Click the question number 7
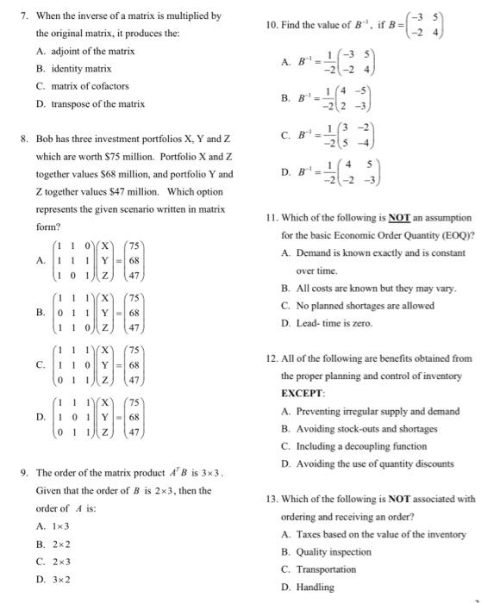pos(25,16)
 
